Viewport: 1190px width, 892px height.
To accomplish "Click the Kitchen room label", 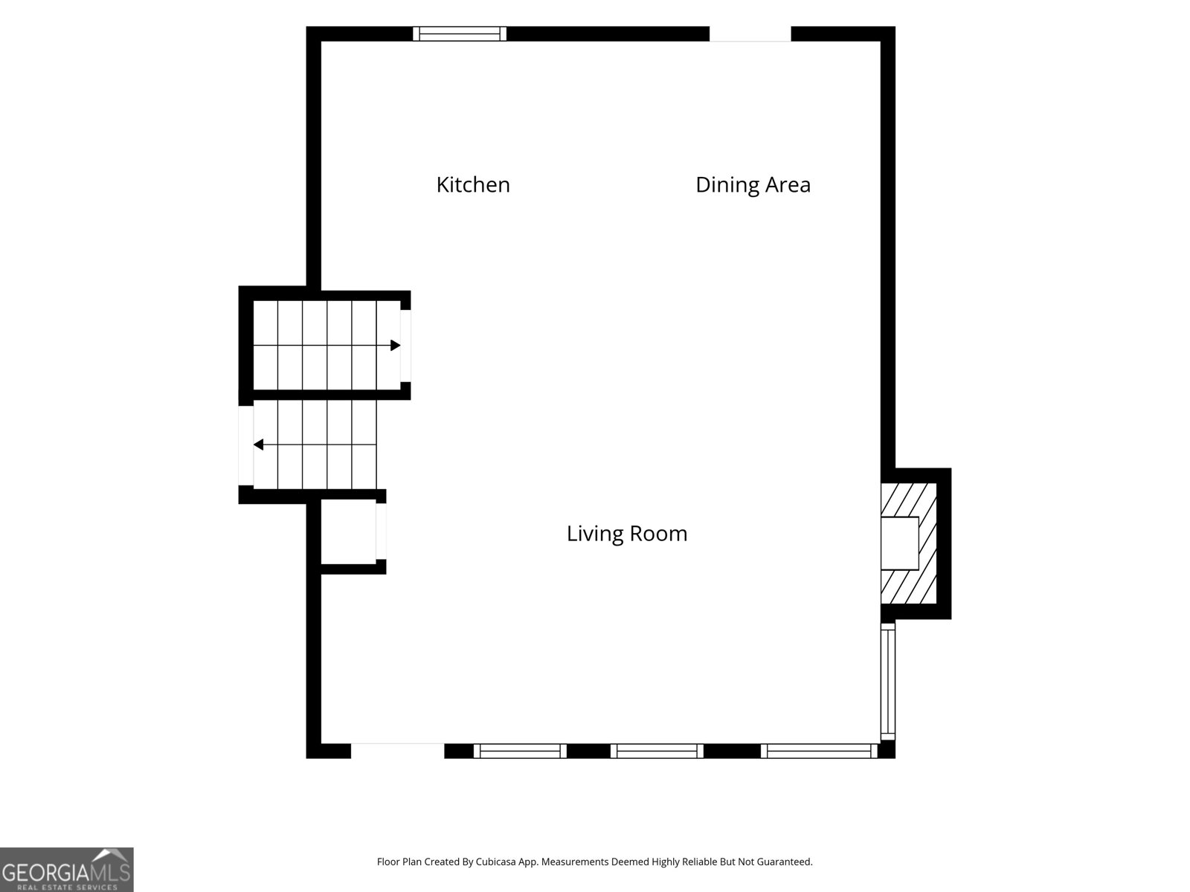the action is tap(473, 184).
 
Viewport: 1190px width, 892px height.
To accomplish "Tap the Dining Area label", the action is tap(753, 184).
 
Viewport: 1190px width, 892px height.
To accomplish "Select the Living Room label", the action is tap(627, 534).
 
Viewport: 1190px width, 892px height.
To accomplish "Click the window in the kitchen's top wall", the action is tap(460, 33).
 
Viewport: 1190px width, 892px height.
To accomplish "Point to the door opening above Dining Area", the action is tap(750, 33).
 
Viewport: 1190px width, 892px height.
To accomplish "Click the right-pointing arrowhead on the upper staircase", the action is tap(396, 345).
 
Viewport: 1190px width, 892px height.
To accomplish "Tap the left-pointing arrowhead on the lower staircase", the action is tap(259, 445).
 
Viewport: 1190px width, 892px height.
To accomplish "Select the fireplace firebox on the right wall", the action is tap(899, 543).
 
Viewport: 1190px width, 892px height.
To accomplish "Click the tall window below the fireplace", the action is tap(887, 682).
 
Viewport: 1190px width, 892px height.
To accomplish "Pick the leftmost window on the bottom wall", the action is tap(520, 752).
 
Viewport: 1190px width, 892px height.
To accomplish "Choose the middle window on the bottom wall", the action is tap(657, 752).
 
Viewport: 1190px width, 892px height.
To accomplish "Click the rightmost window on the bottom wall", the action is tap(819, 752).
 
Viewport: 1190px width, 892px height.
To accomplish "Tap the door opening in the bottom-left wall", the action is tap(397, 752).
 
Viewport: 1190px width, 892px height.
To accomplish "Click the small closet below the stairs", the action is tap(349, 531).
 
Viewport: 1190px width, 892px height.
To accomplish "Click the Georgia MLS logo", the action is tap(67, 870).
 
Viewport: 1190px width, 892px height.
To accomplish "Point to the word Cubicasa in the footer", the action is tap(495, 862).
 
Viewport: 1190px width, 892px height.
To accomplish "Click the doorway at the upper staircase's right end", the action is tap(405, 346).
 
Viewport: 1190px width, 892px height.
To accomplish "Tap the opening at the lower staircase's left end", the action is tap(245, 446).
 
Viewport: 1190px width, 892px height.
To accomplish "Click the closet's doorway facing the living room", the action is tap(381, 531).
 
